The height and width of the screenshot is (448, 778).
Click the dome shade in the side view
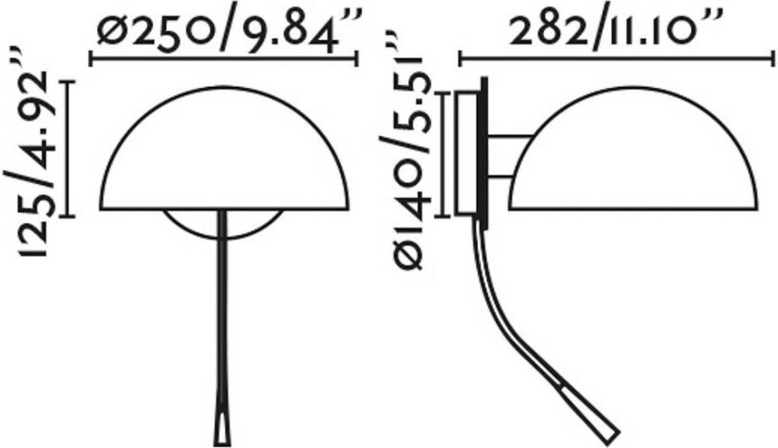[639, 157]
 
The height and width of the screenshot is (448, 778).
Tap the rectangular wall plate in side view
[469, 153]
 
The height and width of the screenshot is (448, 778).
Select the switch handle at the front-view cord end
[224, 424]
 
